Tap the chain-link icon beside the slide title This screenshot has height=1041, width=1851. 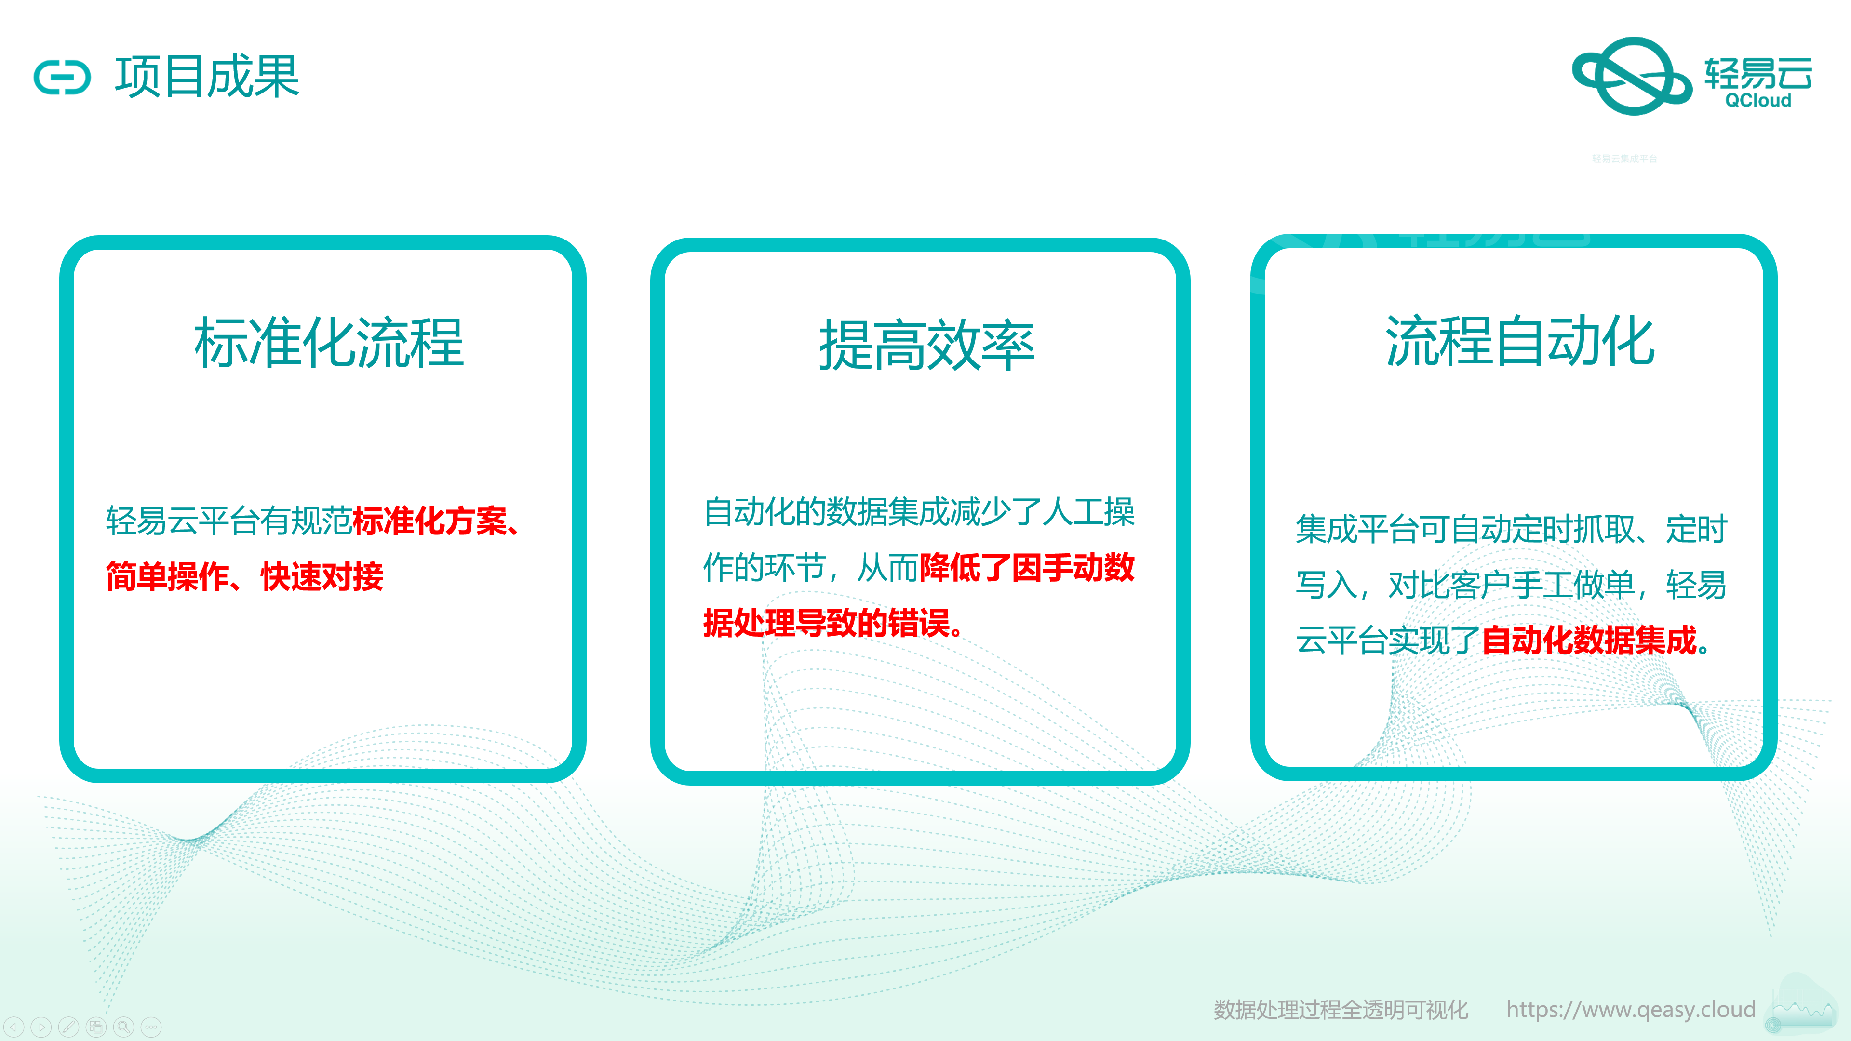(63, 78)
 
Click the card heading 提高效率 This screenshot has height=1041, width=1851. (927, 346)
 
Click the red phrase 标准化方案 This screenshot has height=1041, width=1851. (429, 521)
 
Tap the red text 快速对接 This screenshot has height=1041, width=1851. (322, 576)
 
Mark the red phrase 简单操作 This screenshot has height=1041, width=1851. (167, 576)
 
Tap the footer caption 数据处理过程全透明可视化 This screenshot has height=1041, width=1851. (1341, 1009)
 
